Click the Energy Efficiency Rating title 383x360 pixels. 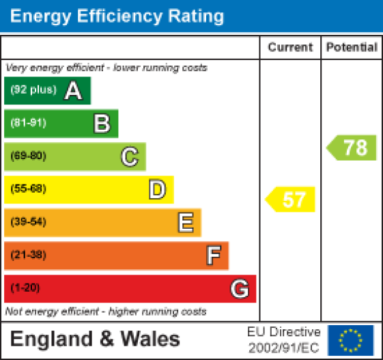pyautogui.click(x=117, y=16)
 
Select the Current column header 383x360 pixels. pyautogui.click(x=290, y=47)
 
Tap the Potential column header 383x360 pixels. pyautogui.click(x=352, y=47)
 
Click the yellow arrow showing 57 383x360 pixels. pyautogui.click(x=292, y=199)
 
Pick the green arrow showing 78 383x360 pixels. pyautogui.click(x=352, y=148)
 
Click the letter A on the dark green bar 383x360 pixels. pyautogui.click(x=73, y=91)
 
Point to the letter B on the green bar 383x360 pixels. pyautogui.click(x=102, y=124)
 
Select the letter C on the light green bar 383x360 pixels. pyautogui.click(x=129, y=156)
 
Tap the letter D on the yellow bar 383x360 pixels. pyautogui.click(x=157, y=189)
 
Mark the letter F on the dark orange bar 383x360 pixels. pyautogui.click(x=213, y=255)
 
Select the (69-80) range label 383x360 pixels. pyautogui.click(x=28, y=156)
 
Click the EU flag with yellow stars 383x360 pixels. pyautogui.click(x=351, y=340)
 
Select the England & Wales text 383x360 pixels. pyautogui.click(x=96, y=339)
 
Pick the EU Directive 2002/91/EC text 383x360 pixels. pyautogui.click(x=283, y=339)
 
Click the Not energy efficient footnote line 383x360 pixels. pyautogui.click(x=106, y=311)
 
